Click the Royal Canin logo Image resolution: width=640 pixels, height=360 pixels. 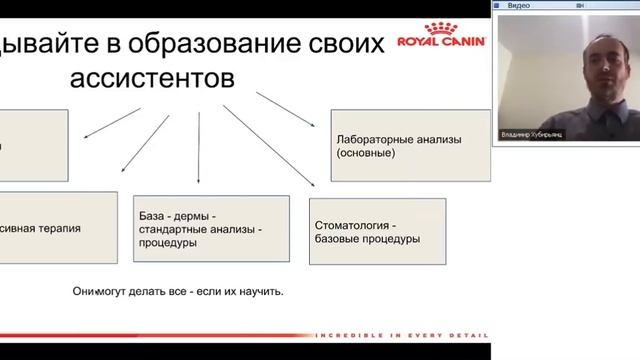(440, 37)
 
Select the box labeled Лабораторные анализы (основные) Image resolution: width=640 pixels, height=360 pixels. (409, 147)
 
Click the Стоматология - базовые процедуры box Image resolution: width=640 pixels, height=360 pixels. (366, 232)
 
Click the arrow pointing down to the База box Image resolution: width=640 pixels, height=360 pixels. (199, 150)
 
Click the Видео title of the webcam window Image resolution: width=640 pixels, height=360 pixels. (518, 5)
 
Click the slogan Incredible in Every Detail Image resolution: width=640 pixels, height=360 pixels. (400, 334)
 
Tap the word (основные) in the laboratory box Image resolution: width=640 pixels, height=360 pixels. (366, 154)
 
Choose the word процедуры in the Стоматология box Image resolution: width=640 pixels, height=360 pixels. (391, 239)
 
